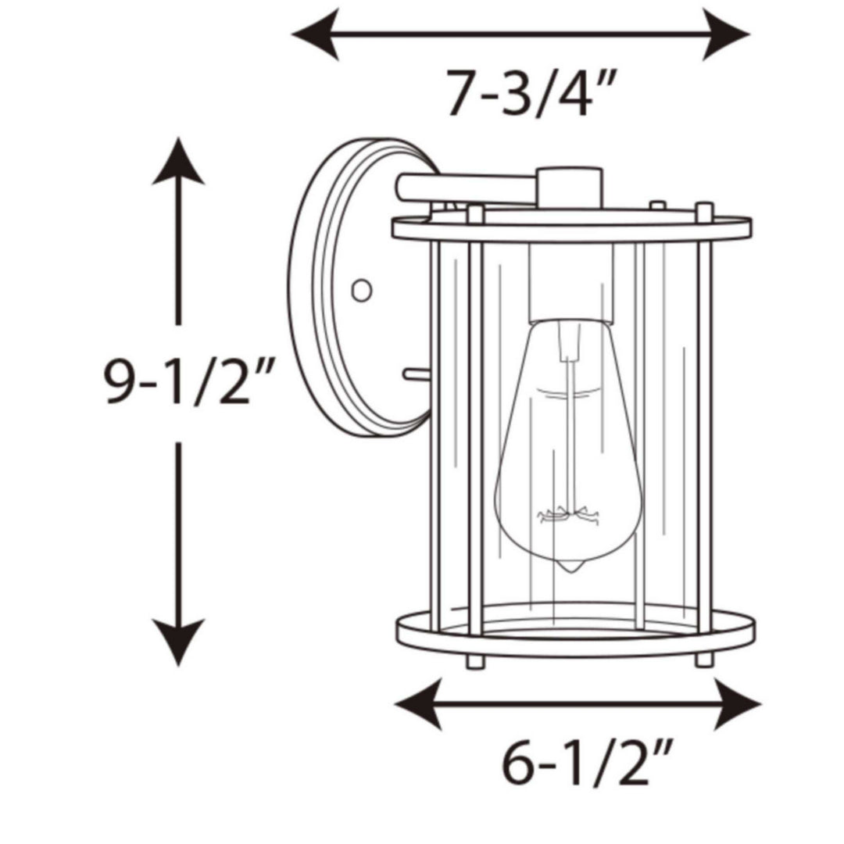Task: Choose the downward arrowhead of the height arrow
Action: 178,641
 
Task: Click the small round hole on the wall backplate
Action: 361,290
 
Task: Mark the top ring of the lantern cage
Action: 570,229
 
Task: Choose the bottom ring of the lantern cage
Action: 575,633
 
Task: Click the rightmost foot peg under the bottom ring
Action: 704,660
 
